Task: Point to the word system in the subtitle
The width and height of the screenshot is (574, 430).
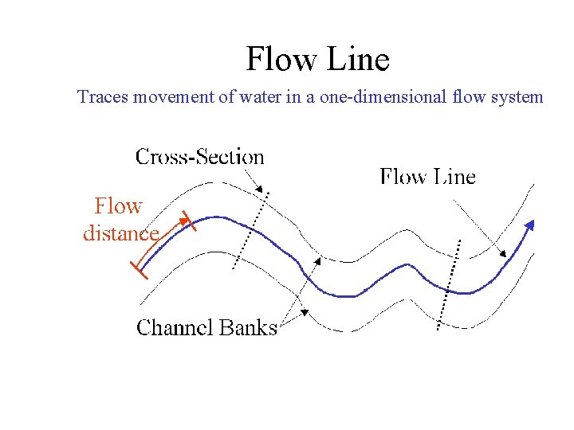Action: (517, 97)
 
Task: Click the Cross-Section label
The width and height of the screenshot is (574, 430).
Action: (199, 157)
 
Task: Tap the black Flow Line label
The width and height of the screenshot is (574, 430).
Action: (427, 176)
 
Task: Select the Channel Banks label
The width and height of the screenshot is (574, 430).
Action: (206, 327)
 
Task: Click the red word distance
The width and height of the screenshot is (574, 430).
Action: (121, 233)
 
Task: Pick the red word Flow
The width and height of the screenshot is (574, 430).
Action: (118, 206)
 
